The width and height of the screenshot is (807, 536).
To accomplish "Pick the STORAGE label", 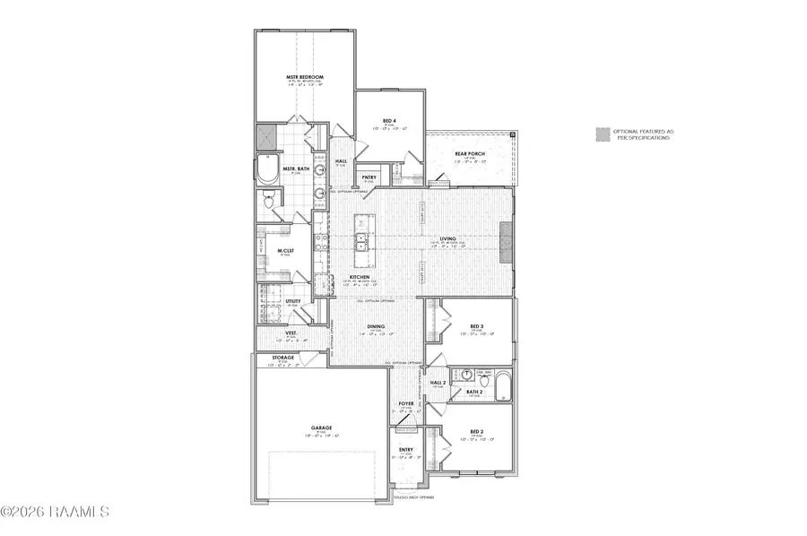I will tap(283, 358).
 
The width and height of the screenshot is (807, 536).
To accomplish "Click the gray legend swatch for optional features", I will tap(602, 135).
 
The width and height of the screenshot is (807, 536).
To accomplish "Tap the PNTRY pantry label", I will tap(368, 177).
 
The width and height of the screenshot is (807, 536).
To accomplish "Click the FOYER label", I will tap(406, 404).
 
